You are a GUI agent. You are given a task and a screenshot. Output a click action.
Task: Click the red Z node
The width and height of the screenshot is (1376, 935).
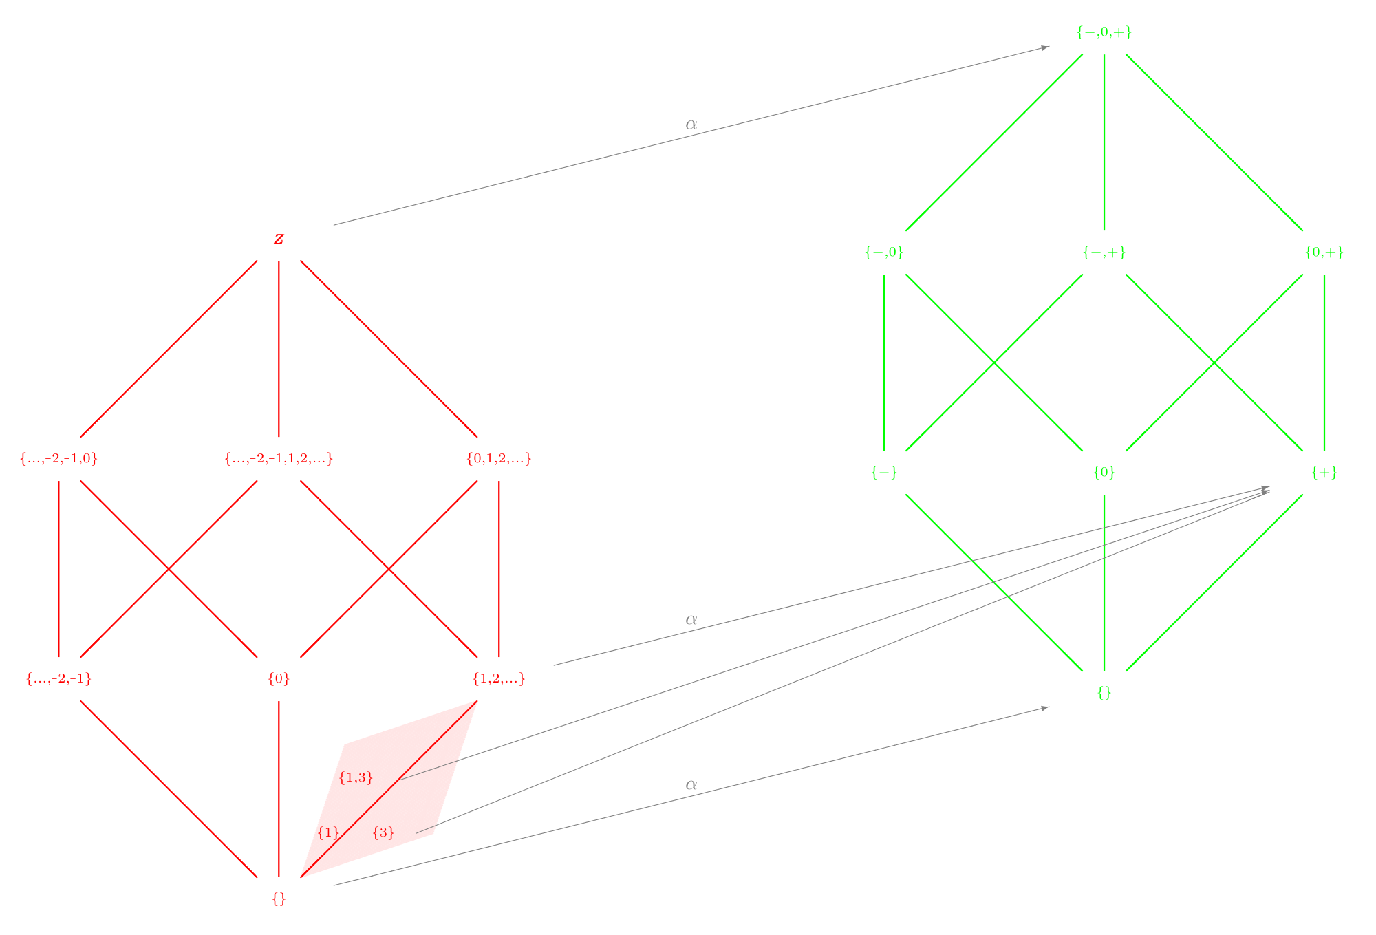coord(279,239)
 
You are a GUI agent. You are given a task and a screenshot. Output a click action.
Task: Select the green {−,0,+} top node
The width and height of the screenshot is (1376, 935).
coord(1104,32)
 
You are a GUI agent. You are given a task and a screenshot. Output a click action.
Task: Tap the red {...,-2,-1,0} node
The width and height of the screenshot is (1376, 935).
coord(58,459)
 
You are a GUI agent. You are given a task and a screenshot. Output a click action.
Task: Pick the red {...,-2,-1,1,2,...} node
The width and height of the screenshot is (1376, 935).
coord(279,459)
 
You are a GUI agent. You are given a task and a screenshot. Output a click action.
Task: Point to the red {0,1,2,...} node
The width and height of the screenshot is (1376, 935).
coord(499,459)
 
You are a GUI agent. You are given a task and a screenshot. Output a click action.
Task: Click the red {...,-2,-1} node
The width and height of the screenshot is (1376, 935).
coord(58,679)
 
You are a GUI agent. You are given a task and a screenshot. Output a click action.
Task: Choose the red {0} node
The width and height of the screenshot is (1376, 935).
coord(279,679)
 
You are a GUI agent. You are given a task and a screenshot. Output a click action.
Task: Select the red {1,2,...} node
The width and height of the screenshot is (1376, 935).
coord(499,679)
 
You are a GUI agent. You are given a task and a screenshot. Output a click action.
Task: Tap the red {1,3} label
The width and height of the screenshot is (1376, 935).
coord(356,778)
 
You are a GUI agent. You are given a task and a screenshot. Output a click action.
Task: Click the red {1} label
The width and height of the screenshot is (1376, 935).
coord(328,833)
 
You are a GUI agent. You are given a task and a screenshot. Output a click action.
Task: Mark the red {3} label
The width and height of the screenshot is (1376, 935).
coord(383,833)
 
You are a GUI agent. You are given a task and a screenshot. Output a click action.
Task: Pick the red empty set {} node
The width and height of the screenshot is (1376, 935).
coord(279,899)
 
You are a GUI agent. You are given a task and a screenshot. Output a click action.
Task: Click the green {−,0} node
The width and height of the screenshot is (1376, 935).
coord(884,252)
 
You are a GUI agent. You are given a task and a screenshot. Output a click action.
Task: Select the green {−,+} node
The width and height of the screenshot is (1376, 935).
coord(1104,252)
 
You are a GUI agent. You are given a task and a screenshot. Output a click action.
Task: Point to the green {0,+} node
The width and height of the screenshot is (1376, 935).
coord(1324,252)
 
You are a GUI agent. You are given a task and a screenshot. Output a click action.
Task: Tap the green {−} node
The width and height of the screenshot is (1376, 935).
coord(884,473)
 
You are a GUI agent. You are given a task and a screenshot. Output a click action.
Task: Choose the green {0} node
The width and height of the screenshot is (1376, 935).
coord(1104,473)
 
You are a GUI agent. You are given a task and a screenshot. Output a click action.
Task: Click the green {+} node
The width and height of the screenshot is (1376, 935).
coord(1324,473)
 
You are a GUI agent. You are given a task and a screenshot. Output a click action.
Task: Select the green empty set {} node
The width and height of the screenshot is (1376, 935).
coord(1104,693)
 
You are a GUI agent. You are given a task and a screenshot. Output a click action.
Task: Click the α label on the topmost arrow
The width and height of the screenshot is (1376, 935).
coord(691,125)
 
